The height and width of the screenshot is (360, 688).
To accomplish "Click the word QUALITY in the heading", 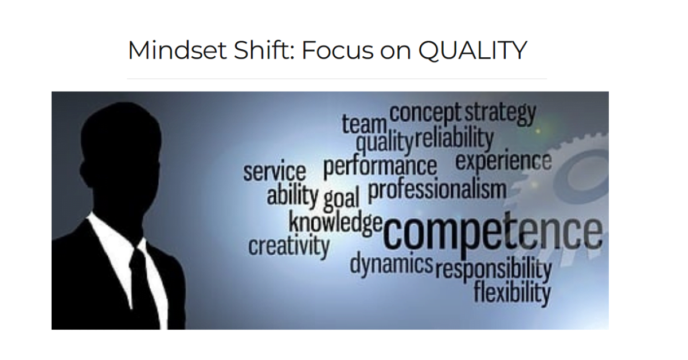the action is (472, 50).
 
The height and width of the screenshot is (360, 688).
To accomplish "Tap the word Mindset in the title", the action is (177, 50).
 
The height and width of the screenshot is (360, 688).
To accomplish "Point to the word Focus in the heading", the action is (338, 50).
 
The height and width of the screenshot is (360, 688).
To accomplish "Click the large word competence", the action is (492, 232).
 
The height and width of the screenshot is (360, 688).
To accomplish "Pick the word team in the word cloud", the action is (364, 124).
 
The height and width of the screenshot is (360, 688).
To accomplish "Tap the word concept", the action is (425, 113).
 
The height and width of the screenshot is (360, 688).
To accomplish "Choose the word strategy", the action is (500, 113).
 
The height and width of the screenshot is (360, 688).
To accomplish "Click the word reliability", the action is (454, 138).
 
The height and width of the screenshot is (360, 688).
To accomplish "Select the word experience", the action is (503, 161).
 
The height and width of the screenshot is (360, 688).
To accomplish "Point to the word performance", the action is (380, 167).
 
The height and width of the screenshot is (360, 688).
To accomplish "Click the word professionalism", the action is (437, 189).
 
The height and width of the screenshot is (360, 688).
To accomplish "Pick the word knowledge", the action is (335, 222).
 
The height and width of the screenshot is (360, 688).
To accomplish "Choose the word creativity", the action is (289, 246).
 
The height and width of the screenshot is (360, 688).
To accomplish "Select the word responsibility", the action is (494, 269).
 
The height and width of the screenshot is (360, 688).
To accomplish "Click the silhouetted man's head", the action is (120, 160).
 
